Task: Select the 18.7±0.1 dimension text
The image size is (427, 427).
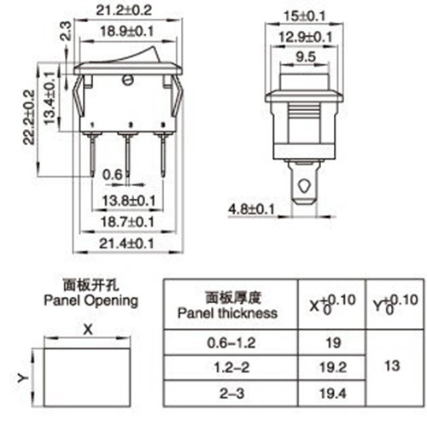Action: click(128, 222)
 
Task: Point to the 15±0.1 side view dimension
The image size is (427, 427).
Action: click(305, 14)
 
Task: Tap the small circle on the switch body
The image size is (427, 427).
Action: click(128, 82)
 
